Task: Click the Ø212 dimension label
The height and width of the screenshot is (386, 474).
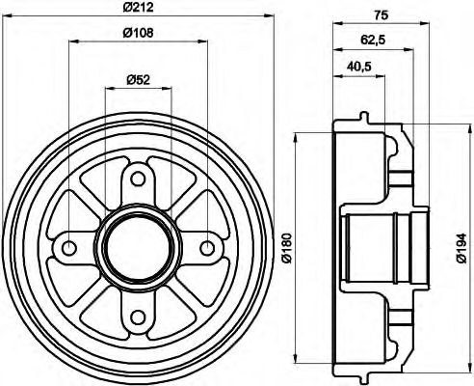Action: pyautogui.click(x=139, y=10)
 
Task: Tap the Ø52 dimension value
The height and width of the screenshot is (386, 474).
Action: pyautogui.click(x=137, y=79)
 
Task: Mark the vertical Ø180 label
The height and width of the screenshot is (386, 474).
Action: pyautogui.click(x=286, y=249)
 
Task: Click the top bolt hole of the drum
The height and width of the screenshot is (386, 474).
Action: pyautogui.click(x=137, y=178)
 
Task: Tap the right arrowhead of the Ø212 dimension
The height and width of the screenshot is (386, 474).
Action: pyautogui.click(x=270, y=19)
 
